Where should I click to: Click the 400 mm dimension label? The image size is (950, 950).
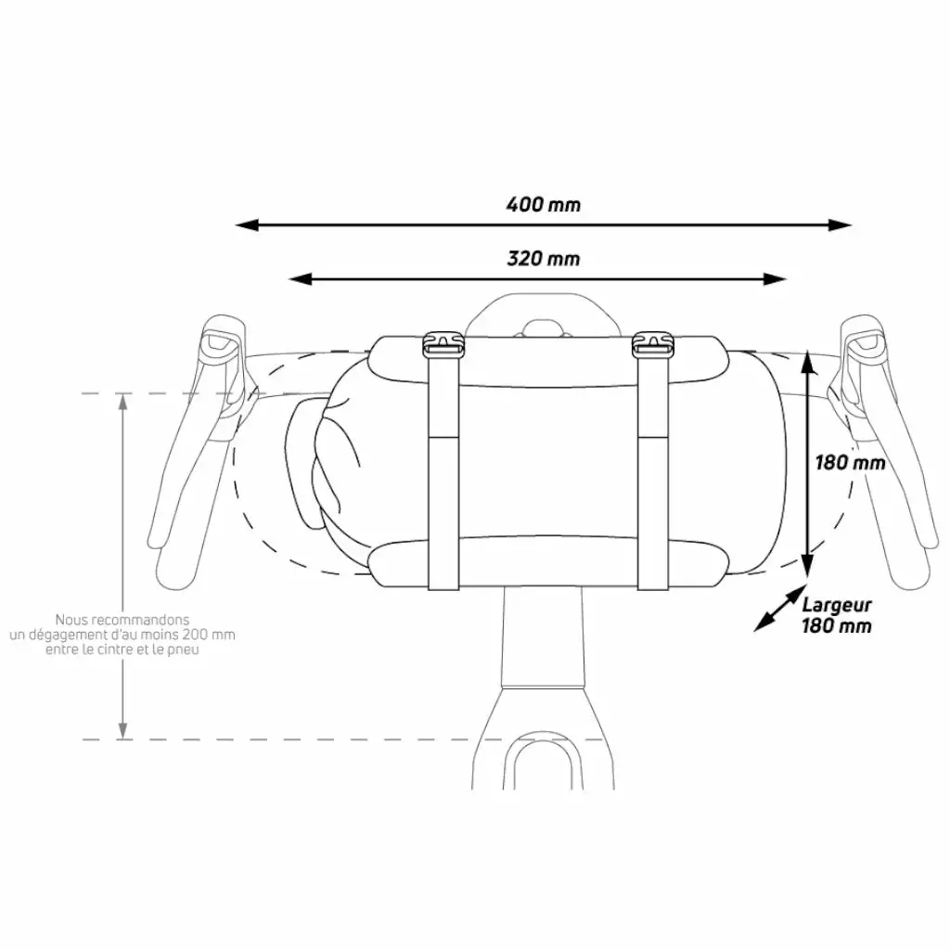point(544,205)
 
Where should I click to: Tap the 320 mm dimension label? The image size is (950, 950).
point(544,259)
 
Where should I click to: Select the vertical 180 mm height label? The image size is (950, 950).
point(850,464)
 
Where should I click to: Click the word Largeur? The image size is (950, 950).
point(837,605)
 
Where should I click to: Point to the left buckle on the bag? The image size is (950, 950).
point(443,345)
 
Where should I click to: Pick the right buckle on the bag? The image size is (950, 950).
point(652,345)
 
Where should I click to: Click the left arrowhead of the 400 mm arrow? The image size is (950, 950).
point(247,225)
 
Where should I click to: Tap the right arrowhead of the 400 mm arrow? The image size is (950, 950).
point(841,225)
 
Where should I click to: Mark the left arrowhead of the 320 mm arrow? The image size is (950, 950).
point(300,279)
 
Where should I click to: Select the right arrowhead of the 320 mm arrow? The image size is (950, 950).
point(775,279)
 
